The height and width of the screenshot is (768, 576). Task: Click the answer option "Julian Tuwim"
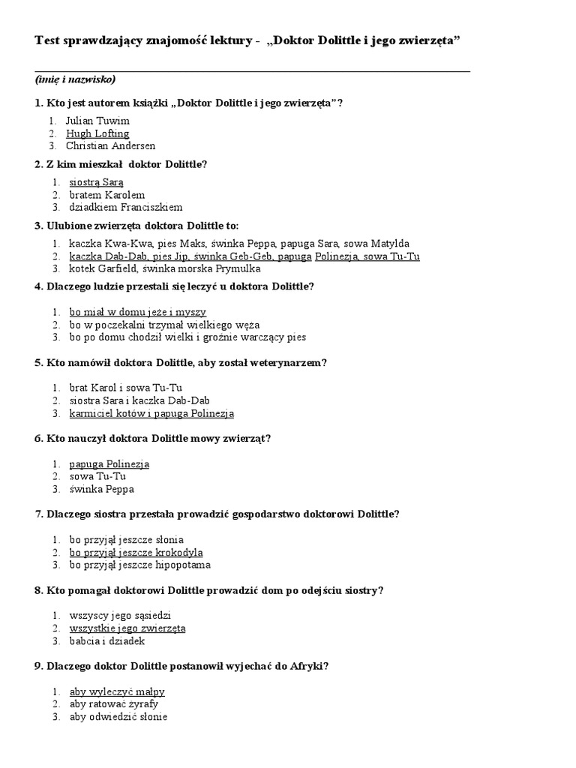(97, 121)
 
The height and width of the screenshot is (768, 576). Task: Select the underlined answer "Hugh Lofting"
(97, 133)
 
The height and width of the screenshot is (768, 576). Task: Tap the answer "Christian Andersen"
(110, 145)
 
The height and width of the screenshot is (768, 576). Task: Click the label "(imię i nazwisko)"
(75, 79)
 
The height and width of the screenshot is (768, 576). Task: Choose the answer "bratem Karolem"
(107, 194)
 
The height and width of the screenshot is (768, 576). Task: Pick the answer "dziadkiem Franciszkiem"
(126, 207)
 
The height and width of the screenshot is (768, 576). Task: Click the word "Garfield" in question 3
(123, 268)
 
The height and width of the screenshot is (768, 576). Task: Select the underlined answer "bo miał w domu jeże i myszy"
(137, 312)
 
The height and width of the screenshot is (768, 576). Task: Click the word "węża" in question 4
(246, 325)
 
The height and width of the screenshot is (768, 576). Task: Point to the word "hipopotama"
(184, 565)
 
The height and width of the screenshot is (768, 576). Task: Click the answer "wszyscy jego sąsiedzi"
(120, 616)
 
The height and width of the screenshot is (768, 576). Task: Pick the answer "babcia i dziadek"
(107, 641)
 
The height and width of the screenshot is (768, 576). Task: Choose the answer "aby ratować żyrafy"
(114, 704)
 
